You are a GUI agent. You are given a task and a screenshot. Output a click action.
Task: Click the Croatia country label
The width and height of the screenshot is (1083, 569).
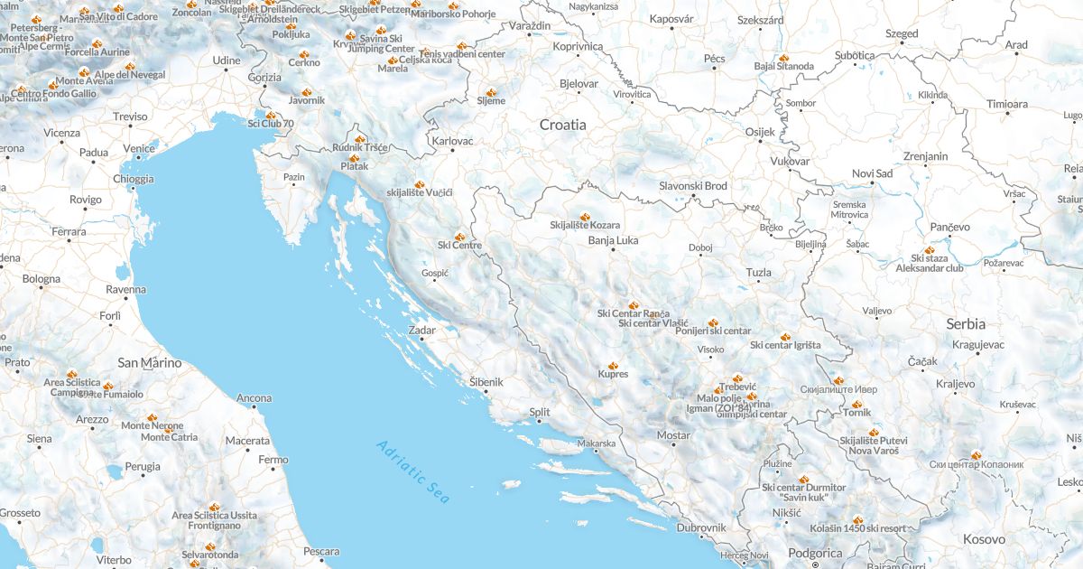[562, 125]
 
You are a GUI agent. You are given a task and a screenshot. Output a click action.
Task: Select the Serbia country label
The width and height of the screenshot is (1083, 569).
[966, 323]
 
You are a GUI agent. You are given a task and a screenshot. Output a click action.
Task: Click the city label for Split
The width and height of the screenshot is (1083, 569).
[540, 413]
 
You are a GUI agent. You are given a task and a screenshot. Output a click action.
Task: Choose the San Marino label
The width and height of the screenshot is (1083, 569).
[150, 363]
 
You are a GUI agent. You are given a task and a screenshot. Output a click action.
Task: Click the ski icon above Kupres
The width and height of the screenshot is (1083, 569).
[613, 366]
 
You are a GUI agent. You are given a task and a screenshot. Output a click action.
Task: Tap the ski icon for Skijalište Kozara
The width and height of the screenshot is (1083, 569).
[585, 217]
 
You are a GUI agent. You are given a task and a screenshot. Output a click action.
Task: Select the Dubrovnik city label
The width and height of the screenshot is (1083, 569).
[701, 527]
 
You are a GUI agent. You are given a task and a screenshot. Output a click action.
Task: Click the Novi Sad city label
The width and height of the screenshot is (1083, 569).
[872, 173]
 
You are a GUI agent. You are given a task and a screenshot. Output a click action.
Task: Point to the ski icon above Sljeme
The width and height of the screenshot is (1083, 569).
[491, 92]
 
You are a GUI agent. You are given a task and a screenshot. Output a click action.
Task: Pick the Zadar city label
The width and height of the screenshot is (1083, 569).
[422, 331]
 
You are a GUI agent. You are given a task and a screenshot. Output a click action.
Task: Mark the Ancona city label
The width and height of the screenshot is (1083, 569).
[254, 398]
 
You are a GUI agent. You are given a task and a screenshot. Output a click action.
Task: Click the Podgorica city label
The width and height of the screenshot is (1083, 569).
[815, 554]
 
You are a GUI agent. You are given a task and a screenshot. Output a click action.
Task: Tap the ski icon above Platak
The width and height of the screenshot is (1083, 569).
[355, 158]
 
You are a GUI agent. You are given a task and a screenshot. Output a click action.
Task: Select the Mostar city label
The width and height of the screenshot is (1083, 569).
[673, 435]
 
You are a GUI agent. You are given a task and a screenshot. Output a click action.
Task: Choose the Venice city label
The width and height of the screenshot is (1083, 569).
[139, 149]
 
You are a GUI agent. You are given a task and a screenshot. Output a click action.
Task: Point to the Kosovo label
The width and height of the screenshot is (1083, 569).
[984, 539]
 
